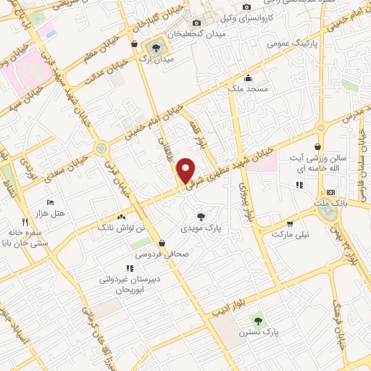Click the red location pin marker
(x=186, y=170)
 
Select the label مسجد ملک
(x=248, y=88)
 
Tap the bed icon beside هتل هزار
(x=49, y=202)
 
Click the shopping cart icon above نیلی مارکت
(x=290, y=224)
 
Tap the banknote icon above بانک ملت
(x=331, y=192)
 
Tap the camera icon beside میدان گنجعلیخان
(x=196, y=23)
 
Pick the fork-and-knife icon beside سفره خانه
(x=25, y=221)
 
